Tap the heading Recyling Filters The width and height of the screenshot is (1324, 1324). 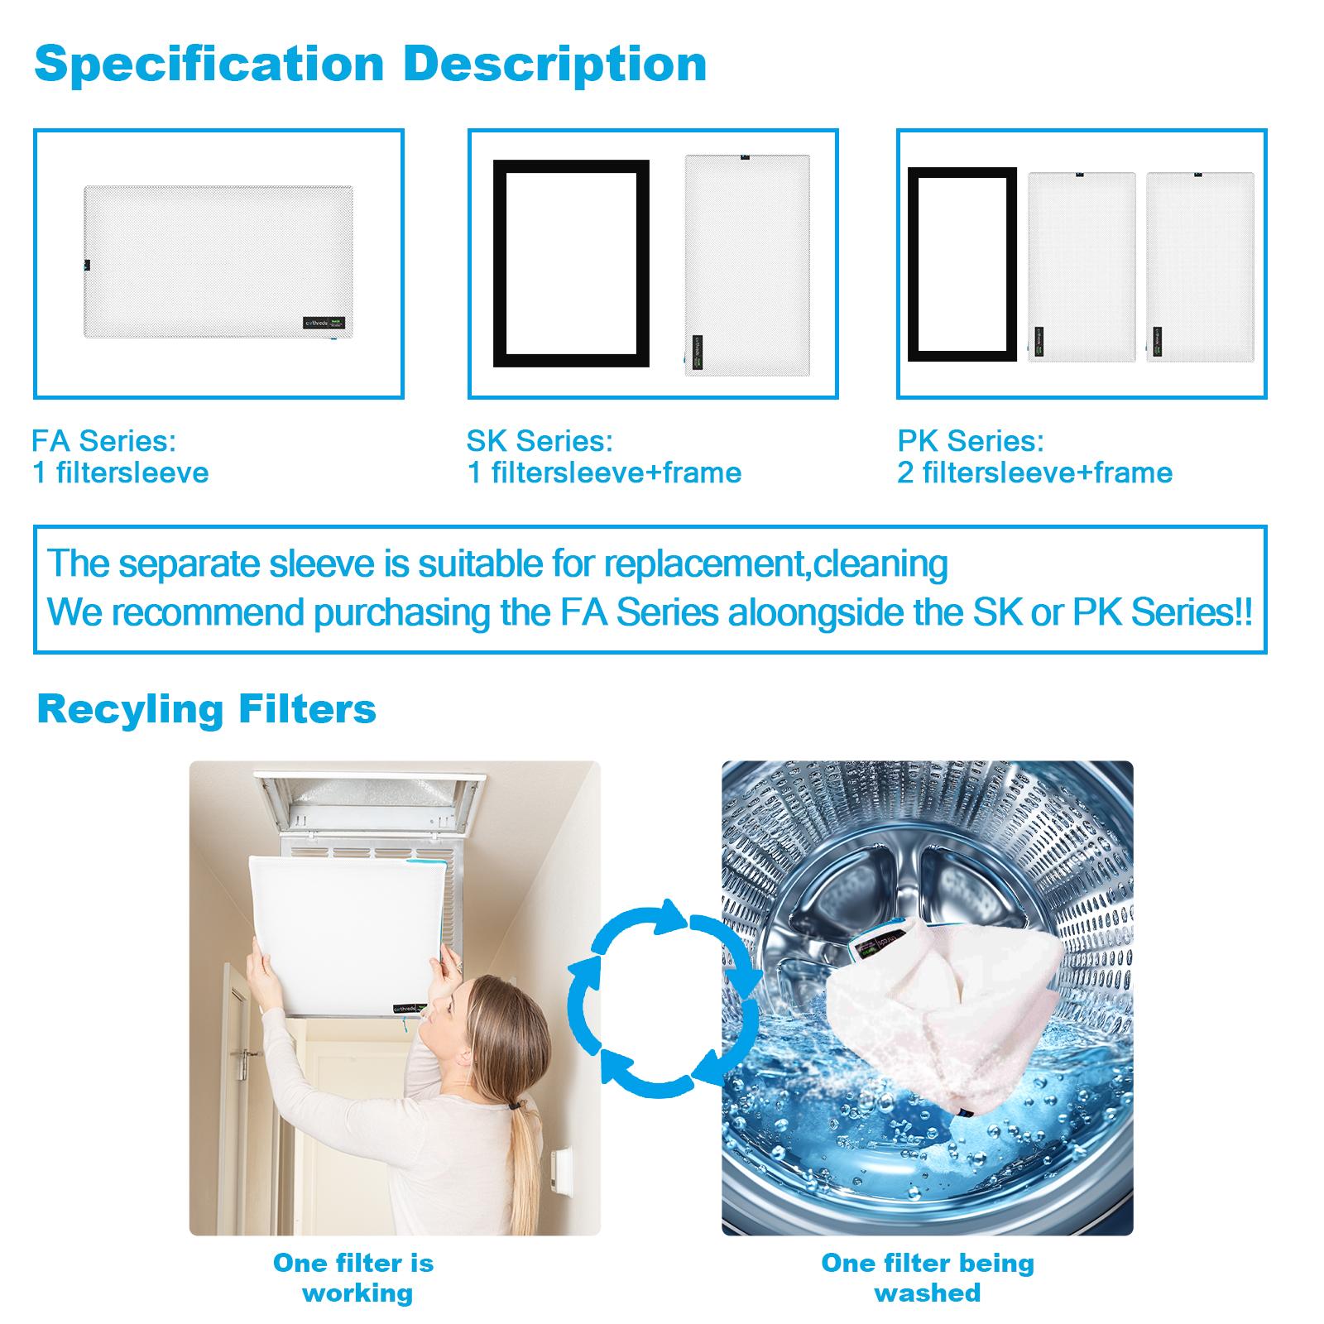206,709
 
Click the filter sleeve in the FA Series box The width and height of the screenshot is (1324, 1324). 218,261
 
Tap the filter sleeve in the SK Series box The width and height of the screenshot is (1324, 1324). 747,265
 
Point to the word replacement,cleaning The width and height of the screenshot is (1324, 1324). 775,564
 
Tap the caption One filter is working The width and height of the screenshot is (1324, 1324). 354,1277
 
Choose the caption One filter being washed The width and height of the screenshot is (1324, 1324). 927,1277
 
